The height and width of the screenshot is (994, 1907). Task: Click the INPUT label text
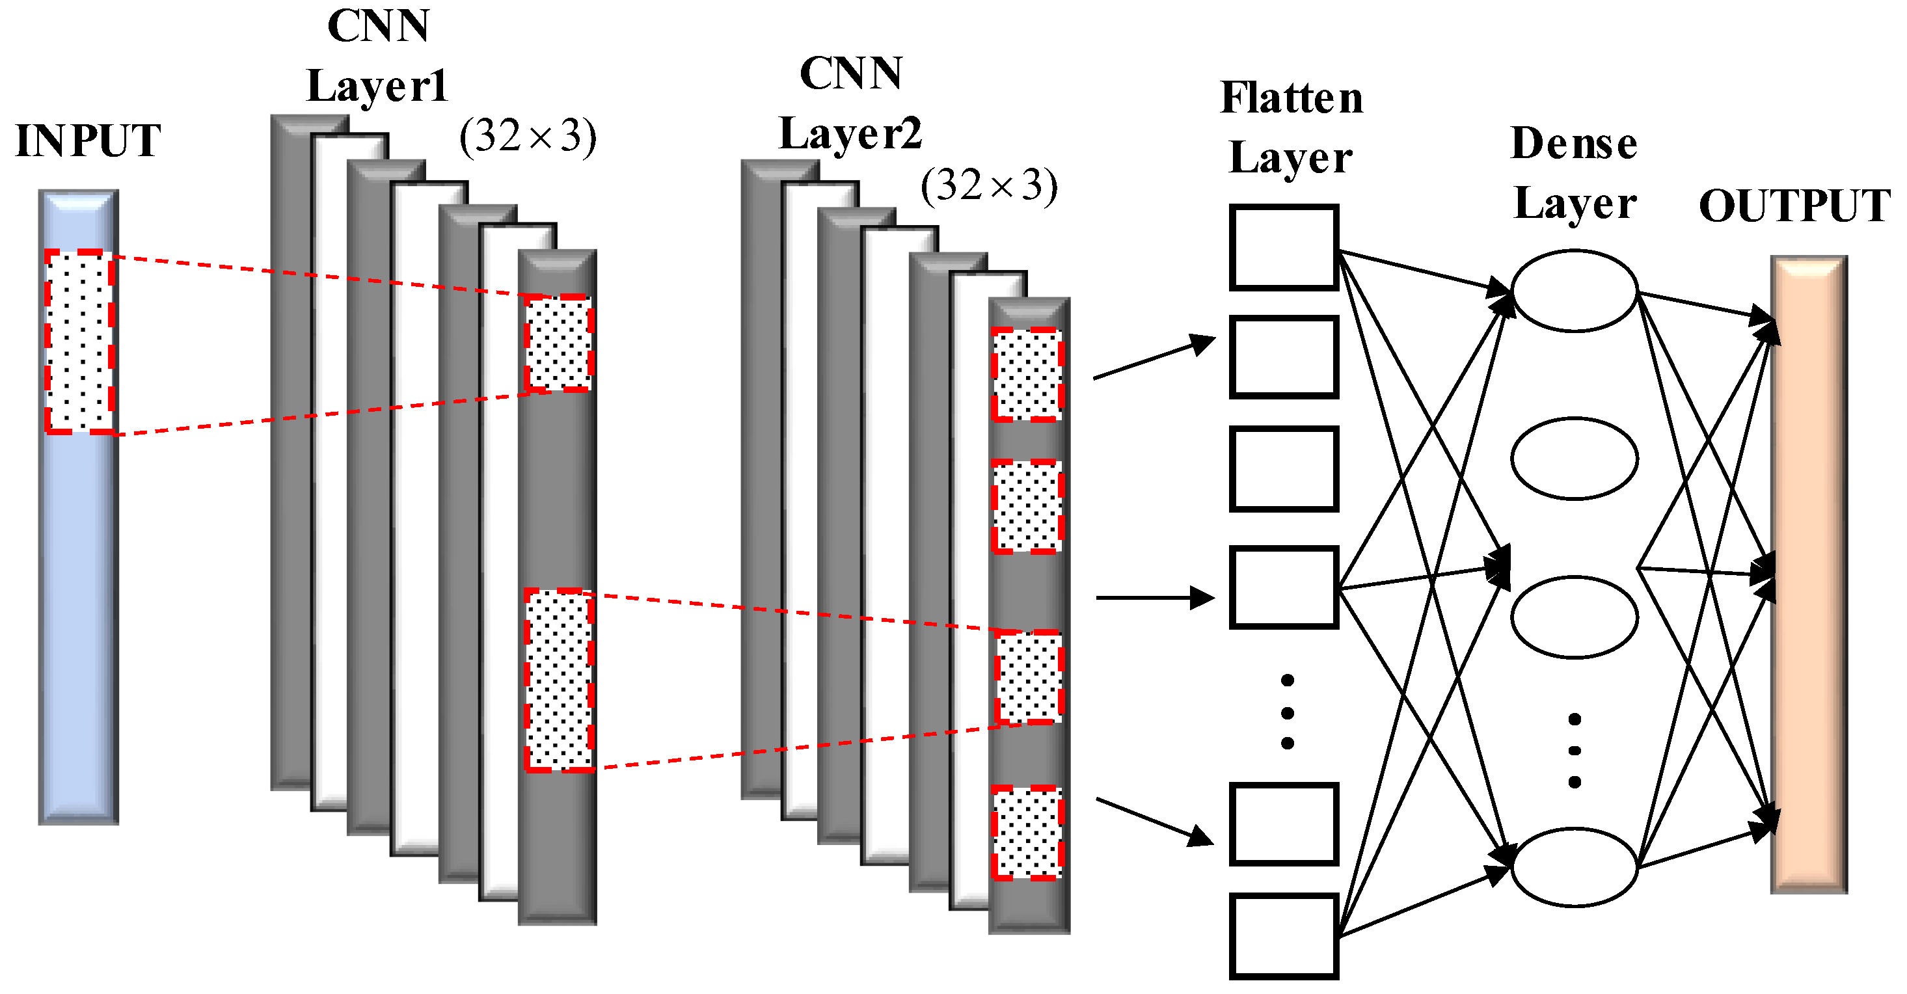tap(87, 141)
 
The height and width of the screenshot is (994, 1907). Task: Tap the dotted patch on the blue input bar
tap(79, 342)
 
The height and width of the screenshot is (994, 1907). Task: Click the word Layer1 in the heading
tap(377, 87)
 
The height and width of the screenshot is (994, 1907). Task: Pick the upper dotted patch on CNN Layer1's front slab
tap(558, 343)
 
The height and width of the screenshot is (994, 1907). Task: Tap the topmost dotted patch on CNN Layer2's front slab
tap(1027, 375)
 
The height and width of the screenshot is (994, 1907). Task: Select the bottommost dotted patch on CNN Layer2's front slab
tap(1027, 833)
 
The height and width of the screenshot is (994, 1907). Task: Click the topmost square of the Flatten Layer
tap(1283, 247)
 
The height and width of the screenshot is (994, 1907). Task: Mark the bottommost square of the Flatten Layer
tap(1283, 935)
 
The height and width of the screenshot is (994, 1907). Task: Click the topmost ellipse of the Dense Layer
tap(1574, 290)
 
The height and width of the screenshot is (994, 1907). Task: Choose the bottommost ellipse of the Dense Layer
tap(1574, 866)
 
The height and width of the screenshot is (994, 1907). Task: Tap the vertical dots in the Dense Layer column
tap(1574, 750)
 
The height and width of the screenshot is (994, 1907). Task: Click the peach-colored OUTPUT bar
tap(1808, 574)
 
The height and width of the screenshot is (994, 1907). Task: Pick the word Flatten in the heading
tap(1291, 98)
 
